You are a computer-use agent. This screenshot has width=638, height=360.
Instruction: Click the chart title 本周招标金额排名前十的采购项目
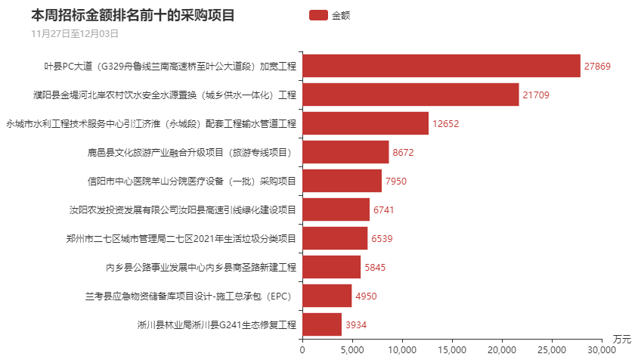tap(133, 15)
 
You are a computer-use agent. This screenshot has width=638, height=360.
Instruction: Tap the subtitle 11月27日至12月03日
tap(75, 33)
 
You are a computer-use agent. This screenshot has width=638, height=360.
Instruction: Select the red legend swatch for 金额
tap(318, 15)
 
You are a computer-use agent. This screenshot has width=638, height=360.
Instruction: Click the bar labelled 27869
tap(441, 66)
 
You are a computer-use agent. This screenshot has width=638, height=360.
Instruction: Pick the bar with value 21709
tap(410, 95)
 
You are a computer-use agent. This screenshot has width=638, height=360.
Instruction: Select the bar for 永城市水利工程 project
tap(365, 123)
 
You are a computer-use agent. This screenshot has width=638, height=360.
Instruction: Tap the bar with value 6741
tap(336, 209)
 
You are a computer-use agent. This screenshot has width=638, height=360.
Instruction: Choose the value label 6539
tap(382, 239)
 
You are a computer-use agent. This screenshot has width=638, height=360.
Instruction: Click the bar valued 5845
tap(331, 267)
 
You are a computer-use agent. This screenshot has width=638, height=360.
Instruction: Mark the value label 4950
tap(366, 296)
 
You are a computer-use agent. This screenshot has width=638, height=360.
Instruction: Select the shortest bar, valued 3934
tap(322, 324)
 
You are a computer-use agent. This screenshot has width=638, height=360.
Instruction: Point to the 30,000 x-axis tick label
tap(601, 350)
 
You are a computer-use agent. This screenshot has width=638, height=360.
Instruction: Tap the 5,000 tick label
tap(352, 350)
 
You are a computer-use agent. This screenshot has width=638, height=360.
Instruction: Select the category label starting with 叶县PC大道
tap(170, 67)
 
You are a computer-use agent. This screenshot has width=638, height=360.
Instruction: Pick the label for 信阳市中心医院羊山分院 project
tap(192, 182)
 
